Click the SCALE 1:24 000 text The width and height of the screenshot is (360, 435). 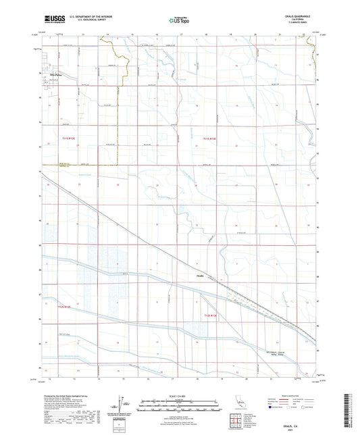click(x=180, y=395)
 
